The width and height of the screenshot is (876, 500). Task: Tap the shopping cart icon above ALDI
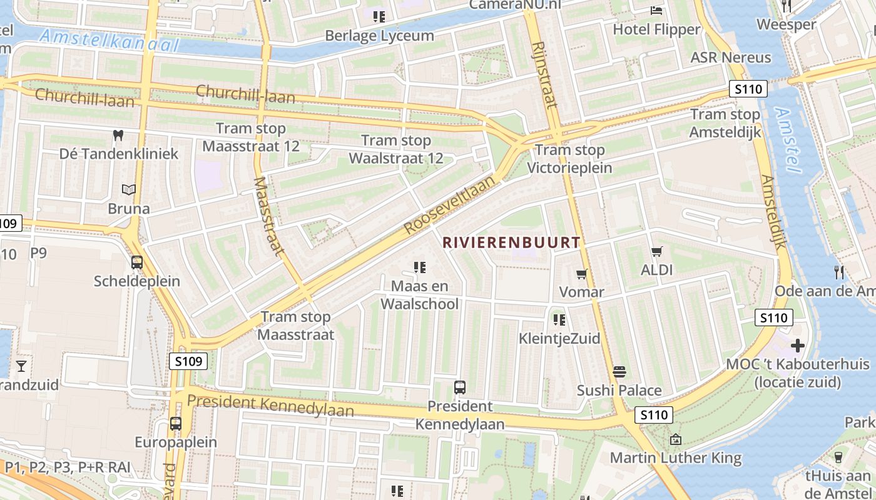click(x=656, y=252)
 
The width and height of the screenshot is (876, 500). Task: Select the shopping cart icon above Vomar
click(x=581, y=274)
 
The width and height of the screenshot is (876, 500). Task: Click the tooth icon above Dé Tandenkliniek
click(x=118, y=135)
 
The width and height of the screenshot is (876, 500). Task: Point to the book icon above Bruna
click(x=129, y=189)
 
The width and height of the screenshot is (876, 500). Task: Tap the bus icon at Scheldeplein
click(x=136, y=262)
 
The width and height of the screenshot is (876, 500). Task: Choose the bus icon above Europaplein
click(x=176, y=423)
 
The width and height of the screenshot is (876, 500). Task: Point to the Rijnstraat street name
click(x=544, y=74)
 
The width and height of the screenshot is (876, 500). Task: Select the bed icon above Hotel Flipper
click(x=656, y=11)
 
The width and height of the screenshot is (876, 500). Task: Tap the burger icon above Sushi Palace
click(x=619, y=372)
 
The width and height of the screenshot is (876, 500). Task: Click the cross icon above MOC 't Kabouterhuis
click(x=797, y=345)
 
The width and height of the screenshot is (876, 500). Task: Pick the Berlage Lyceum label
click(x=379, y=36)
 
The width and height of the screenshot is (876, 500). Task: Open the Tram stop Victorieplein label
click(x=569, y=159)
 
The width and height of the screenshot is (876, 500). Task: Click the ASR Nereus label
click(x=730, y=57)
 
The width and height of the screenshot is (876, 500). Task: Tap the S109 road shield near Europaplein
click(x=188, y=361)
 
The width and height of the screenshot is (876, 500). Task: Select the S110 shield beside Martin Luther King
click(x=654, y=414)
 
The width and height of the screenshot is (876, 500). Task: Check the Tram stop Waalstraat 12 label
click(x=395, y=149)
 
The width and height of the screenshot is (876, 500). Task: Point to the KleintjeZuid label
click(x=559, y=339)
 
